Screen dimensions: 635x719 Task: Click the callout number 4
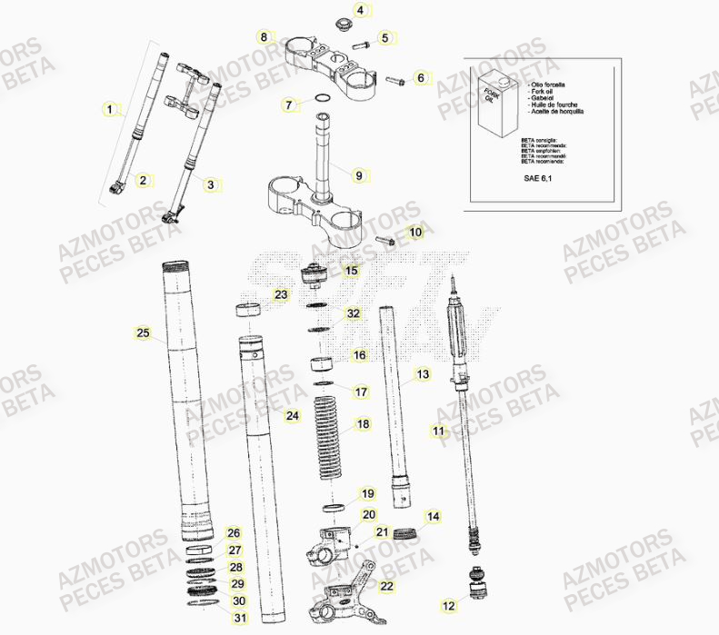(x=359, y=11)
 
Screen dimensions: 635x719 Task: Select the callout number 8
(x=264, y=37)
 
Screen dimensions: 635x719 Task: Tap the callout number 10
(x=415, y=233)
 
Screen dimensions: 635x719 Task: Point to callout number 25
(x=142, y=333)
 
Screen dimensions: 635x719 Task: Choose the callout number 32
(x=354, y=314)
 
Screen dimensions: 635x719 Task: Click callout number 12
(x=449, y=605)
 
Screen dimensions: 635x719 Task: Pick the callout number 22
(x=387, y=587)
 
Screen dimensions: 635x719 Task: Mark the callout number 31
(x=239, y=619)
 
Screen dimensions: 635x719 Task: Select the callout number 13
(x=423, y=374)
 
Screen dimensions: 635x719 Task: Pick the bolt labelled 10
(x=383, y=242)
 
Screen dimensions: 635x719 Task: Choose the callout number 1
(x=110, y=111)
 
